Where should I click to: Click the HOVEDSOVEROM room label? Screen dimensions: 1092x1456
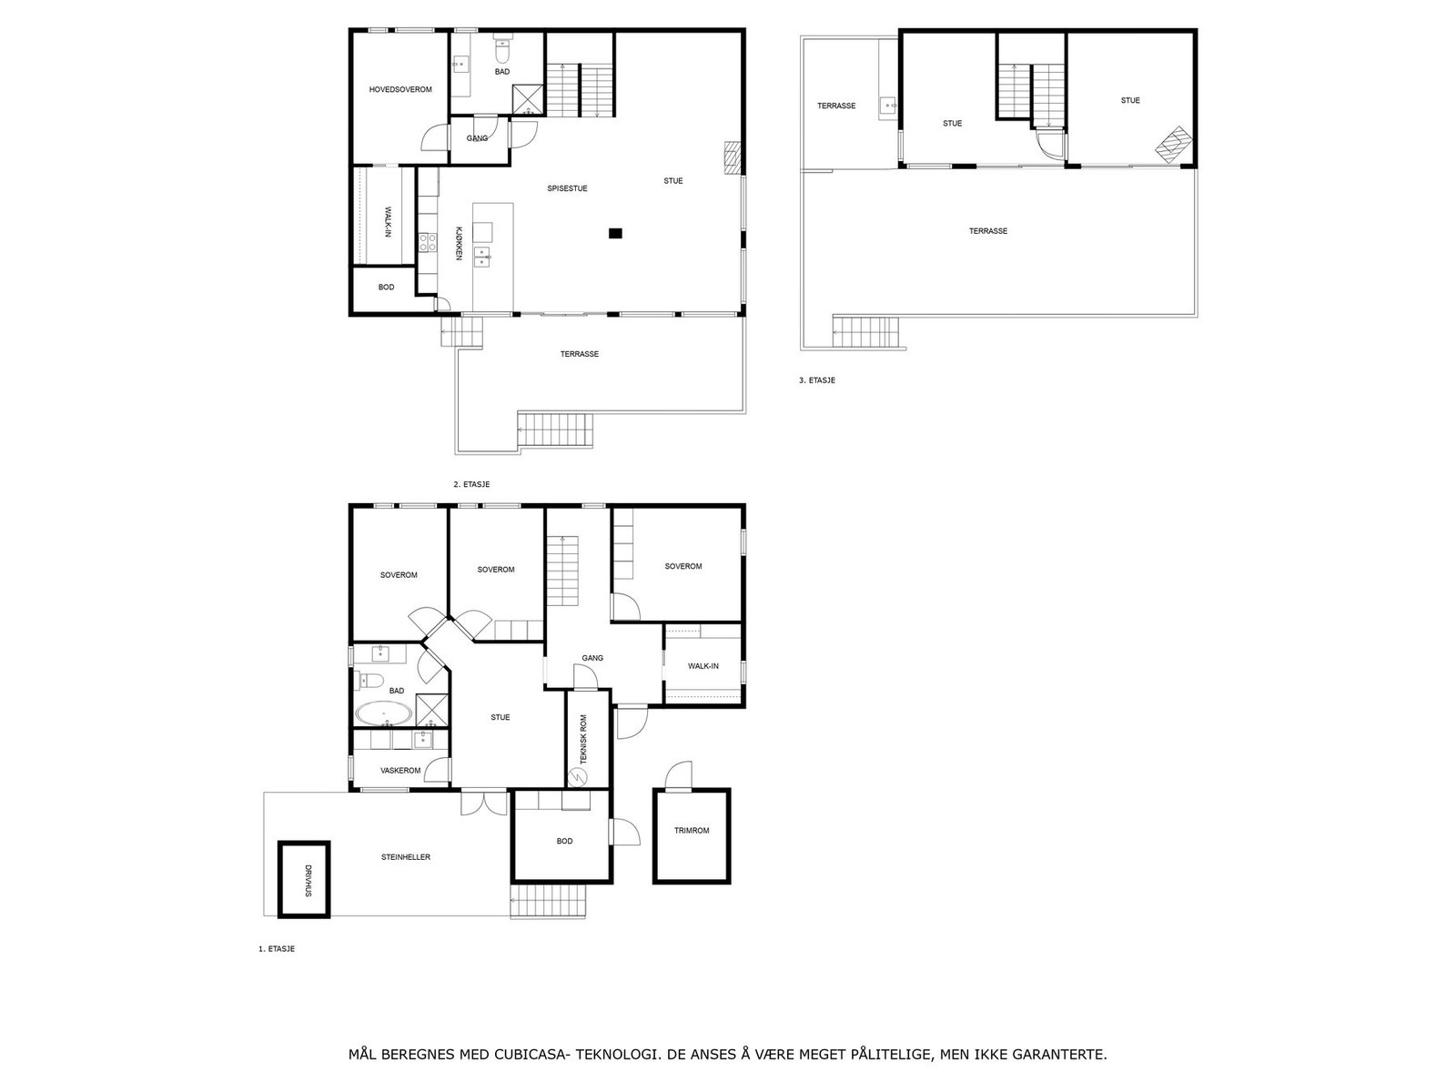[400, 90]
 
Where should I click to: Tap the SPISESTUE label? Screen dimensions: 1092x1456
[567, 189]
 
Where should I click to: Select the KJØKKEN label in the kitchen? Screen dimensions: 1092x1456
[460, 243]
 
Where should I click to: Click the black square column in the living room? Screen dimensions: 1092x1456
[615, 234]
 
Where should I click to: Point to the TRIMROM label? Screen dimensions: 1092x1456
[692, 831]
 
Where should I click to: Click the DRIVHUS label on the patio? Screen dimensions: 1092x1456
[308, 881]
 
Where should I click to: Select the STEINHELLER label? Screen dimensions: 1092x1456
[406, 857]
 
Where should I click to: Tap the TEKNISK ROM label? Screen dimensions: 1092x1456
[583, 738]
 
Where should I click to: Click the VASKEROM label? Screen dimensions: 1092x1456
[400, 771]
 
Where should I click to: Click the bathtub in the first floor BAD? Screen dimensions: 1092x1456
[382, 714]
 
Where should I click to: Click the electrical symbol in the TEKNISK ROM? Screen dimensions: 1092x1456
[577, 776]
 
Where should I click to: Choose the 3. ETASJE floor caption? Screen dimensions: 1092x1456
[816, 380]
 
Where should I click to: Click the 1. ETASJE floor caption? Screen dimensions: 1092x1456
[277, 948]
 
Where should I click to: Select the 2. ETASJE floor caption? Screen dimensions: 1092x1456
[471, 485]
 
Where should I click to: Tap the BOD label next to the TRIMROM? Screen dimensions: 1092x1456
[564, 841]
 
